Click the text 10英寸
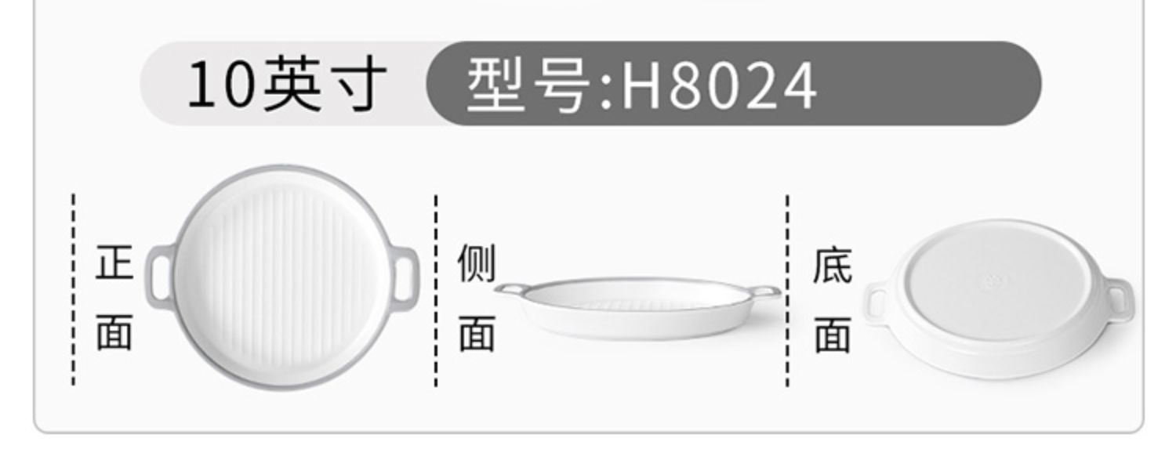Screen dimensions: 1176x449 point(286,85)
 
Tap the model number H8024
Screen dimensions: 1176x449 point(718,86)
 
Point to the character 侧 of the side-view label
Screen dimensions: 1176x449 point(477,263)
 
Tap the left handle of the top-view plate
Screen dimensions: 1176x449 point(159,272)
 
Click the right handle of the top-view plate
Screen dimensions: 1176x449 point(407,278)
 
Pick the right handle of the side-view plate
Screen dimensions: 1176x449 point(766,292)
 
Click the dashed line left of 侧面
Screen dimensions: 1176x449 point(436,290)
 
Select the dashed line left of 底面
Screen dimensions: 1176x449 point(787,290)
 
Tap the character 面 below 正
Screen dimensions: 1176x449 point(114,334)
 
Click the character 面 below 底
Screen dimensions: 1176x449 point(832,335)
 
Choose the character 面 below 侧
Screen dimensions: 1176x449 point(477,334)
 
